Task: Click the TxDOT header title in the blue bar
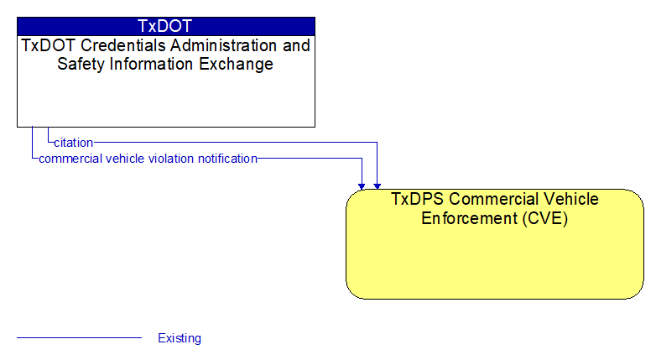164,26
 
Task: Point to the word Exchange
236,64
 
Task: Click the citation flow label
74,143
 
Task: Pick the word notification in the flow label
227,159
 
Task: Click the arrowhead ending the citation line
377,186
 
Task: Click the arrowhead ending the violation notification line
362,186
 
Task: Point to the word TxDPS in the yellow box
418,199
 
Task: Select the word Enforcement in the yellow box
470,218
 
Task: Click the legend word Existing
180,338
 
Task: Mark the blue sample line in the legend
79,337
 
